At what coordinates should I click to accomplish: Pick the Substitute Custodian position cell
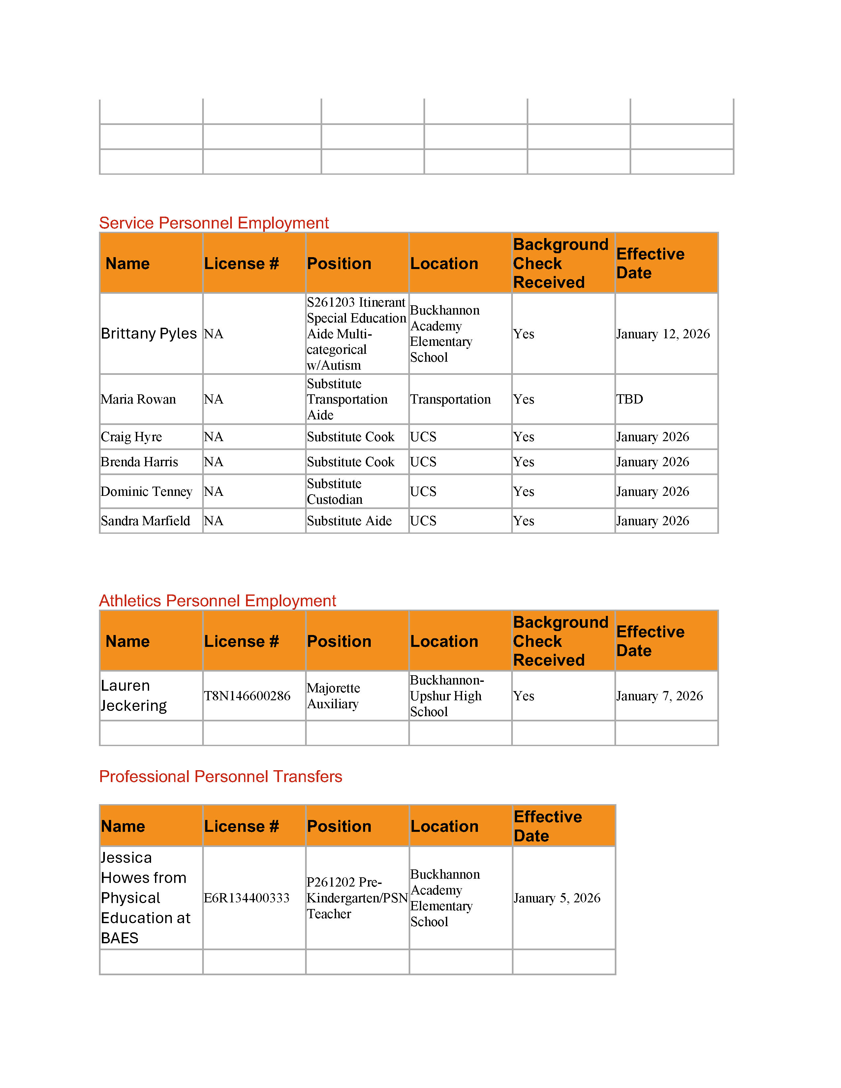point(334,491)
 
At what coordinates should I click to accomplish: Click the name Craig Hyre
point(131,437)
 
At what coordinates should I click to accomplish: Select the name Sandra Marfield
point(145,521)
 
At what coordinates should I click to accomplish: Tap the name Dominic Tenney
point(146,491)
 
